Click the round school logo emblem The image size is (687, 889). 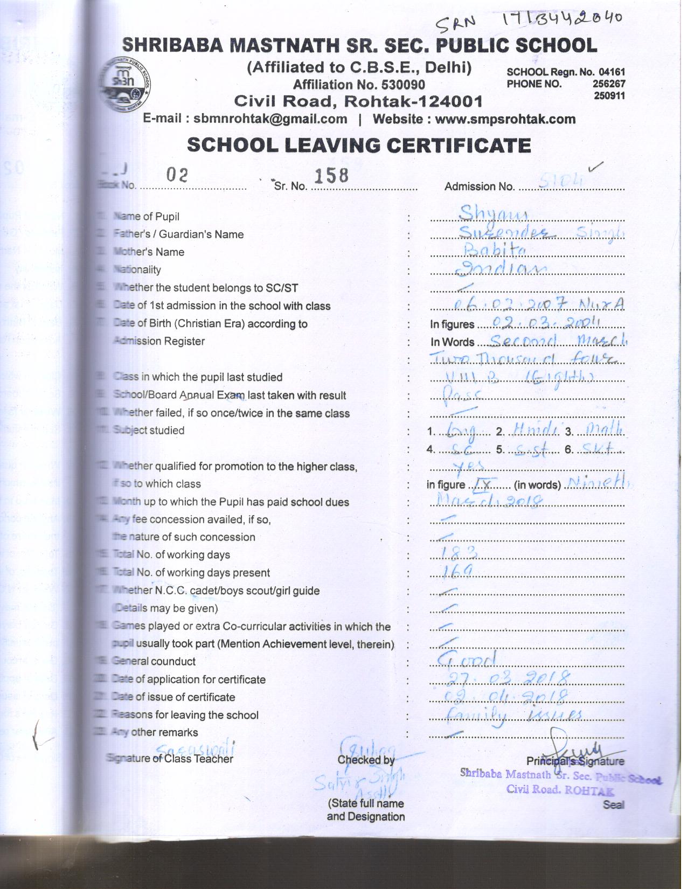(127, 84)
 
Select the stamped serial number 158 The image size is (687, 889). (331, 175)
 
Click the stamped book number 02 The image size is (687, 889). (177, 175)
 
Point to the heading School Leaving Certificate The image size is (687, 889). (358, 145)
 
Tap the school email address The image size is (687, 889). (270, 119)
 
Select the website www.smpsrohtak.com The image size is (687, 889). (505, 119)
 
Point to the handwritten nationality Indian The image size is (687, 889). (501, 268)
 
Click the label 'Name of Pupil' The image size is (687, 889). (147, 217)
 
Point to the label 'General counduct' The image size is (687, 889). (155, 661)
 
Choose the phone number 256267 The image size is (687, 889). (608, 84)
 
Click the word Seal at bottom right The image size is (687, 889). (613, 804)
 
